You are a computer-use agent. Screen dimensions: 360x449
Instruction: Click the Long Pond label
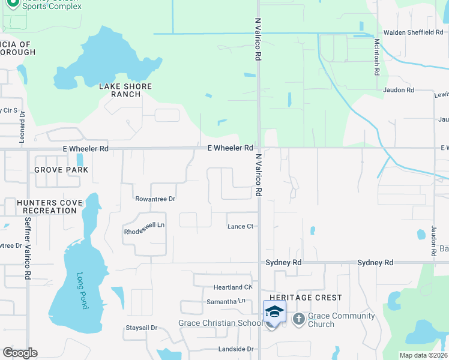[x=82, y=291]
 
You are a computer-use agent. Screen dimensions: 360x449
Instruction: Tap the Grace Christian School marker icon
[x=274, y=312]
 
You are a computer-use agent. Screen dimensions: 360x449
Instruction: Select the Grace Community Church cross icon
[x=299, y=319]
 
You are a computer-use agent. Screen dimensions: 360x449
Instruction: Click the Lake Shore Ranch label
[x=125, y=90]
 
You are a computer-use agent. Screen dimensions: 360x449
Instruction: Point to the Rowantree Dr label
[x=155, y=199]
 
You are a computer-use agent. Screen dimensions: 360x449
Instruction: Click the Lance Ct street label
[x=241, y=226]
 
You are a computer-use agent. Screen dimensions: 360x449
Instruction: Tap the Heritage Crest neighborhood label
[x=306, y=298]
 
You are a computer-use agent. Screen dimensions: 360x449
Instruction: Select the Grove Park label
[x=61, y=170]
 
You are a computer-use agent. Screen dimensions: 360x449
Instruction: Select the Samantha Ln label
[x=226, y=301]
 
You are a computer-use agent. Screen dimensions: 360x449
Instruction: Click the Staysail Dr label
[x=141, y=328]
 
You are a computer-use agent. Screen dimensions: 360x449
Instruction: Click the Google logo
[x=20, y=353]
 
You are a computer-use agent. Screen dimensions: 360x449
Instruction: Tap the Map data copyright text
[x=423, y=355]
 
